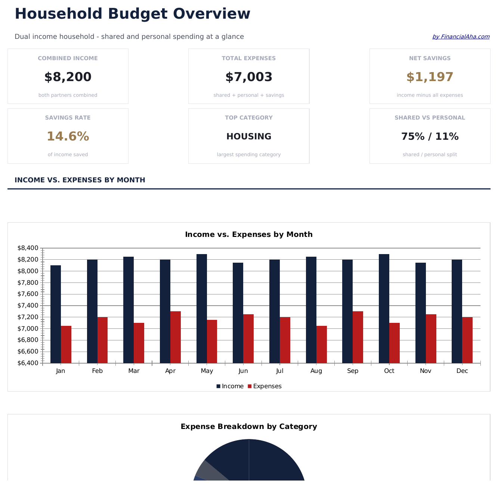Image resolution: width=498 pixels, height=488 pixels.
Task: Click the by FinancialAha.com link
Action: pyautogui.click(x=461, y=37)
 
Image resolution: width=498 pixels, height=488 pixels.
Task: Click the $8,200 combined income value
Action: pyautogui.click(x=68, y=77)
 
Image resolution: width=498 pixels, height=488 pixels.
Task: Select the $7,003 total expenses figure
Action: pyautogui.click(x=249, y=77)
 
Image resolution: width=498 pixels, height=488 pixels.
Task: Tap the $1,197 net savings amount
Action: pyautogui.click(x=430, y=77)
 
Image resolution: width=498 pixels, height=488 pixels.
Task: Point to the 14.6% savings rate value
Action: pyautogui.click(x=68, y=137)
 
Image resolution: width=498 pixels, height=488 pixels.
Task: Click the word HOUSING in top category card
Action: pyautogui.click(x=249, y=137)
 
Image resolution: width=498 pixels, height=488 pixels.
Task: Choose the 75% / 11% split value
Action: pyautogui.click(x=430, y=137)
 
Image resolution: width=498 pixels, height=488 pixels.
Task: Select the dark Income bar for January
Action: pyautogui.click(x=56, y=314)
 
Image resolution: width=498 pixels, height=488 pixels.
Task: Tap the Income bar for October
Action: pyautogui.click(x=384, y=308)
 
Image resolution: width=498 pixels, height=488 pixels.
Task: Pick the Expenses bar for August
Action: pyautogui.click(x=322, y=344)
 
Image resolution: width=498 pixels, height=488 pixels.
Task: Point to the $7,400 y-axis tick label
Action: pyautogui.click(x=28, y=306)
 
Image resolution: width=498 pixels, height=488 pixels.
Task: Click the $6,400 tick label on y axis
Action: pyautogui.click(x=28, y=363)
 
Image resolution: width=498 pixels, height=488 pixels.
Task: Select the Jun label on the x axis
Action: pyautogui.click(x=243, y=371)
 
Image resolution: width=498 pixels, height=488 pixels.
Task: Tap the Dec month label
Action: pyautogui.click(x=462, y=371)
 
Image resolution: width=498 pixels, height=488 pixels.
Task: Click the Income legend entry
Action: pyautogui.click(x=230, y=386)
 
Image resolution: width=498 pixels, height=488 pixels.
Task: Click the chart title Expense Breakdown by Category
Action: pyautogui.click(x=249, y=427)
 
